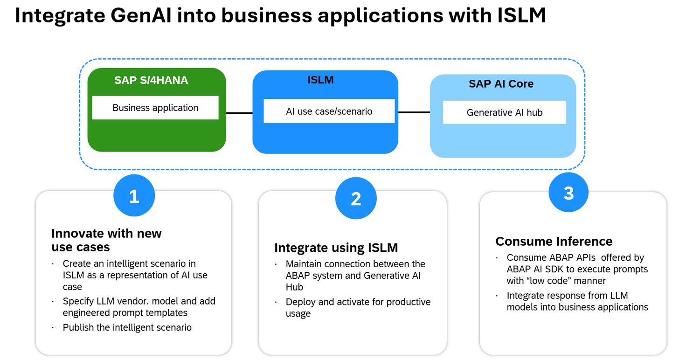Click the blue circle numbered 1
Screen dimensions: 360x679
point(134,196)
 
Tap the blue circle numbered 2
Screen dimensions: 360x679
point(356,199)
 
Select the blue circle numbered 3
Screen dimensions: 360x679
point(568,193)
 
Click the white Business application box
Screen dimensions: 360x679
point(155,108)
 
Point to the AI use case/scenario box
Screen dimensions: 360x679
point(329,111)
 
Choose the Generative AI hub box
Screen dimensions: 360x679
point(504,112)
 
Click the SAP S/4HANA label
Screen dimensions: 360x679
point(151,80)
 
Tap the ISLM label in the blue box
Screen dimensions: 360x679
point(320,80)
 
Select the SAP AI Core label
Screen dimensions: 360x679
point(501,84)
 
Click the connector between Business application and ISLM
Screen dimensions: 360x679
point(239,112)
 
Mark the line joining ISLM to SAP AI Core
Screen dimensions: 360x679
point(414,112)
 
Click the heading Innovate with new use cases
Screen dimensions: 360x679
point(106,240)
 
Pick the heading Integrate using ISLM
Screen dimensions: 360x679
point(336,248)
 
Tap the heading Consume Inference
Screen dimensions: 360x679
point(554,241)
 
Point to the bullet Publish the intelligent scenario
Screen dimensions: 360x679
point(127,327)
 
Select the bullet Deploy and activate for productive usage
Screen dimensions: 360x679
point(358,307)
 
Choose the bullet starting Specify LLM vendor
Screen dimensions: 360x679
point(139,307)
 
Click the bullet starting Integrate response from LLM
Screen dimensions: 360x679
point(577,301)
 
